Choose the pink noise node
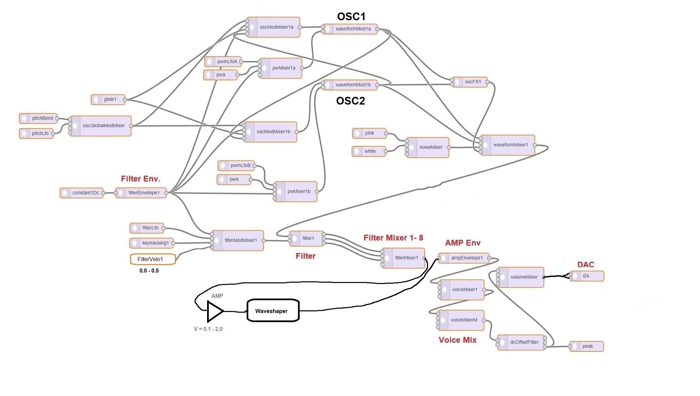[x=369, y=133]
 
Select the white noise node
[x=369, y=151]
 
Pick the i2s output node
[x=587, y=276]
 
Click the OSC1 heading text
[x=351, y=16]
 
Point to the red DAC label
[x=585, y=264]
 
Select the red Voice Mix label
[x=457, y=340]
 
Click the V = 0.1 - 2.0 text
[x=208, y=329]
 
